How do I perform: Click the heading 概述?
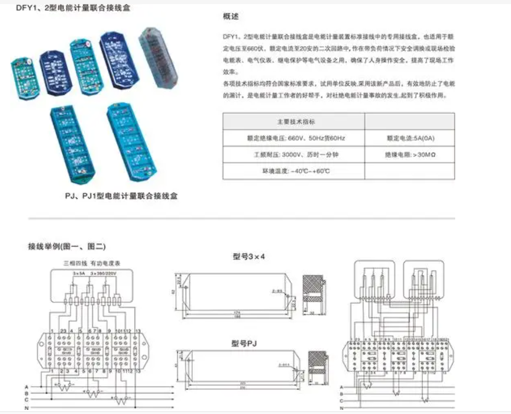[x=230, y=17]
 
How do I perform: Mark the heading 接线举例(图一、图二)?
[x=67, y=246]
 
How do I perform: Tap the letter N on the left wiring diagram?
[x=26, y=408]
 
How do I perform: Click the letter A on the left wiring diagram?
[x=26, y=386]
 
